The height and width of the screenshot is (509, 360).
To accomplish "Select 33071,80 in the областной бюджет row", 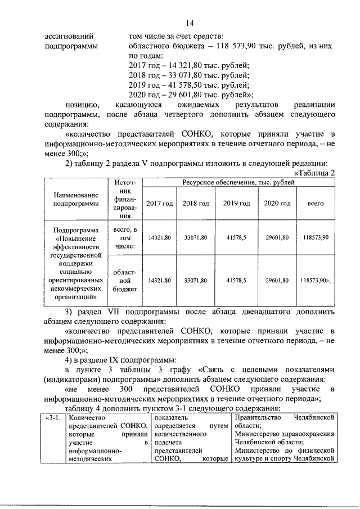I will point(196,280).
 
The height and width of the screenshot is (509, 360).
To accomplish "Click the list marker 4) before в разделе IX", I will point(70,360).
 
